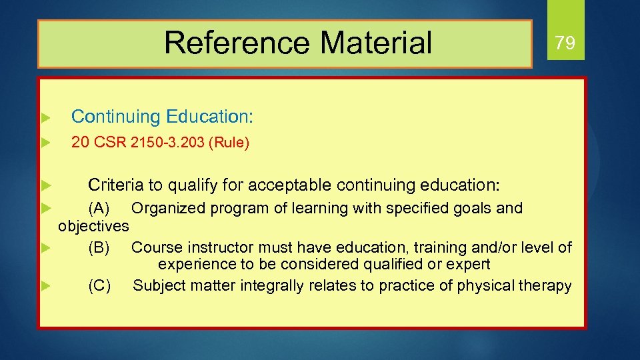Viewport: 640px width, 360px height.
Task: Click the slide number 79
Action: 565,44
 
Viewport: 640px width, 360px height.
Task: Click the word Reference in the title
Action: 236,43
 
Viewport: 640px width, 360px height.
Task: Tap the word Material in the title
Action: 376,43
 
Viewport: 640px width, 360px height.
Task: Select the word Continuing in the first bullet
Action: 115,117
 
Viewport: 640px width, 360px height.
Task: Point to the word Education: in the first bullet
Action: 210,117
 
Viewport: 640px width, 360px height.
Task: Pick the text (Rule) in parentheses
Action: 229,143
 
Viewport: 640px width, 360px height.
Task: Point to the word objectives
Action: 93,226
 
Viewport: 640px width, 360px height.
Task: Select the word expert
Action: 469,264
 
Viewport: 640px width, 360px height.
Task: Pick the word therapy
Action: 545,286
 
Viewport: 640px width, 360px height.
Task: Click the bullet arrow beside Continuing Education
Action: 45,117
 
